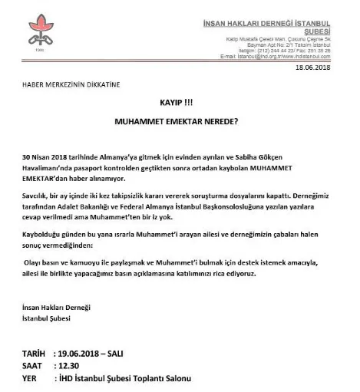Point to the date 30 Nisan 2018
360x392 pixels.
click(51, 156)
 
